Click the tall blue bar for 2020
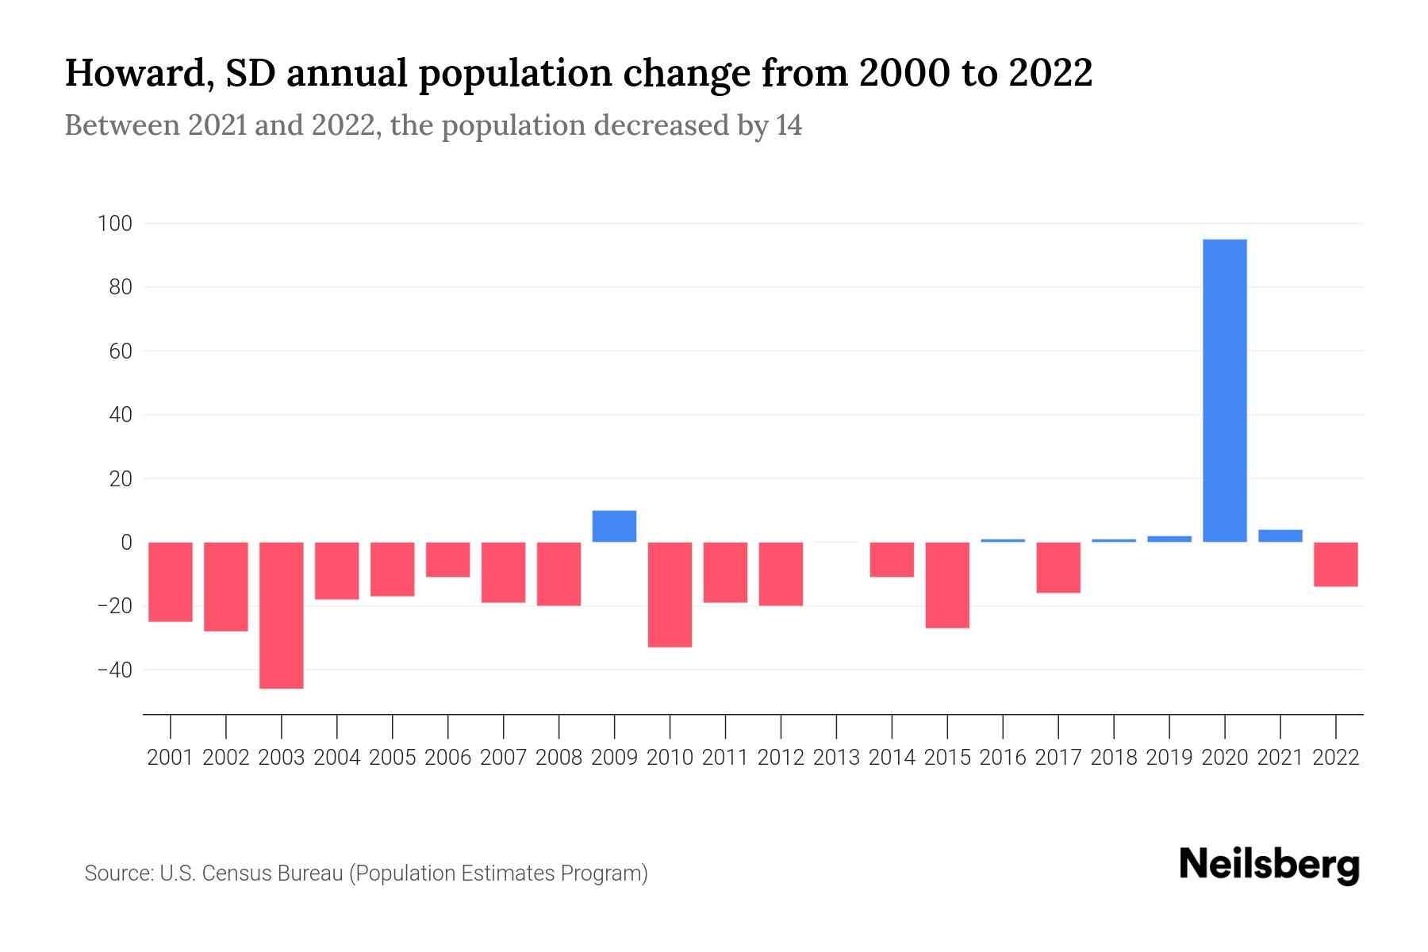tap(1225, 390)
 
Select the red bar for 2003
tap(282, 615)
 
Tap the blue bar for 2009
tap(614, 526)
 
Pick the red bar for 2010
tap(670, 594)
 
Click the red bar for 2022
tap(1336, 564)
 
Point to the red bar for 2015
tap(947, 585)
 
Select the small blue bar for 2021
tap(1280, 535)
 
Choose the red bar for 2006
tap(448, 559)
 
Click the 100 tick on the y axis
tap(114, 224)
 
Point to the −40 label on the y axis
tap(114, 670)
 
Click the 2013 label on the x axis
tap(836, 758)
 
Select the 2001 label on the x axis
tap(171, 758)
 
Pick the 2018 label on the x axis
tap(1114, 758)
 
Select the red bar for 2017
tap(1058, 567)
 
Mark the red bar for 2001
tap(171, 582)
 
